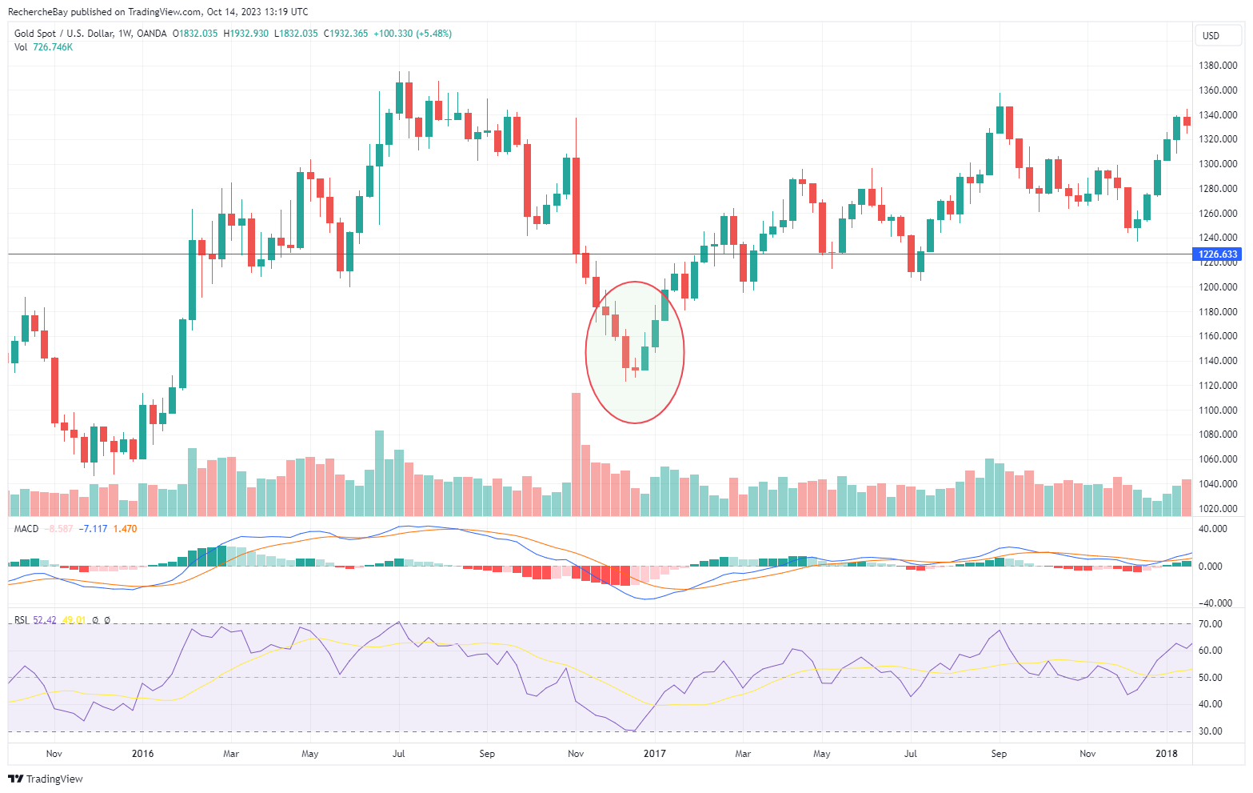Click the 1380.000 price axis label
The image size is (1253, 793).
click(1218, 66)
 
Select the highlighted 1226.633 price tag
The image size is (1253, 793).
click(1218, 254)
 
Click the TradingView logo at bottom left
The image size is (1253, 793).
click(46, 779)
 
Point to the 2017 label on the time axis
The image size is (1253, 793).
click(654, 753)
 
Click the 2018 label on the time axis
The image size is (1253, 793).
click(1167, 753)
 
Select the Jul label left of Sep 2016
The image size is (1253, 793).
click(399, 753)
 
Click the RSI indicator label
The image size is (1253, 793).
click(21, 620)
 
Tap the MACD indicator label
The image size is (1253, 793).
click(26, 529)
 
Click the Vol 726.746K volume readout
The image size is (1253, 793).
click(43, 47)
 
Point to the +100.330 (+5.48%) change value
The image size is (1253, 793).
click(413, 34)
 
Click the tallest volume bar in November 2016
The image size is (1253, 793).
click(576, 454)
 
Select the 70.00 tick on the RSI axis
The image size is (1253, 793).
click(1211, 624)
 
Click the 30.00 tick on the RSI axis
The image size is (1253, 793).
click(1211, 731)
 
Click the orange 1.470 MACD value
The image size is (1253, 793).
click(125, 529)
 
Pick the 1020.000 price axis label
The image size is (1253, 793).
click(1218, 509)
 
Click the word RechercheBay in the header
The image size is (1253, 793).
click(38, 12)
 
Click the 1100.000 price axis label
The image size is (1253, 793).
click(1218, 411)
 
